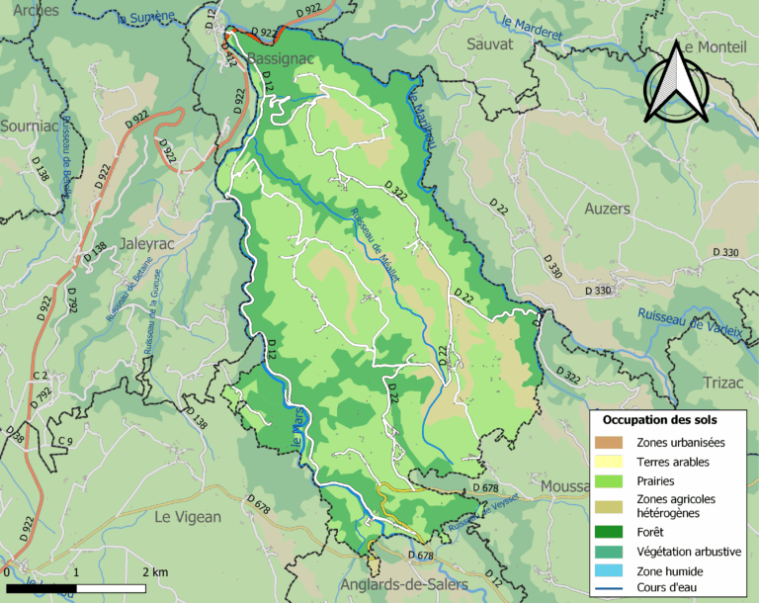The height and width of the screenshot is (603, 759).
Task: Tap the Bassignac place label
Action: pyautogui.click(x=280, y=59)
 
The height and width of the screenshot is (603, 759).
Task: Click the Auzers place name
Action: pyautogui.click(x=607, y=210)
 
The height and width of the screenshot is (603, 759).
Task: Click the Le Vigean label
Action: pyautogui.click(x=188, y=516)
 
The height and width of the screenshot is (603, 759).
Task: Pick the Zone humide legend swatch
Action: pyautogui.click(x=610, y=571)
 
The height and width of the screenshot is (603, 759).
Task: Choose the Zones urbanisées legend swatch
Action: pyautogui.click(x=610, y=442)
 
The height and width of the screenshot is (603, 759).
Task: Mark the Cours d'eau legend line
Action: pyautogui.click(x=610, y=591)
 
